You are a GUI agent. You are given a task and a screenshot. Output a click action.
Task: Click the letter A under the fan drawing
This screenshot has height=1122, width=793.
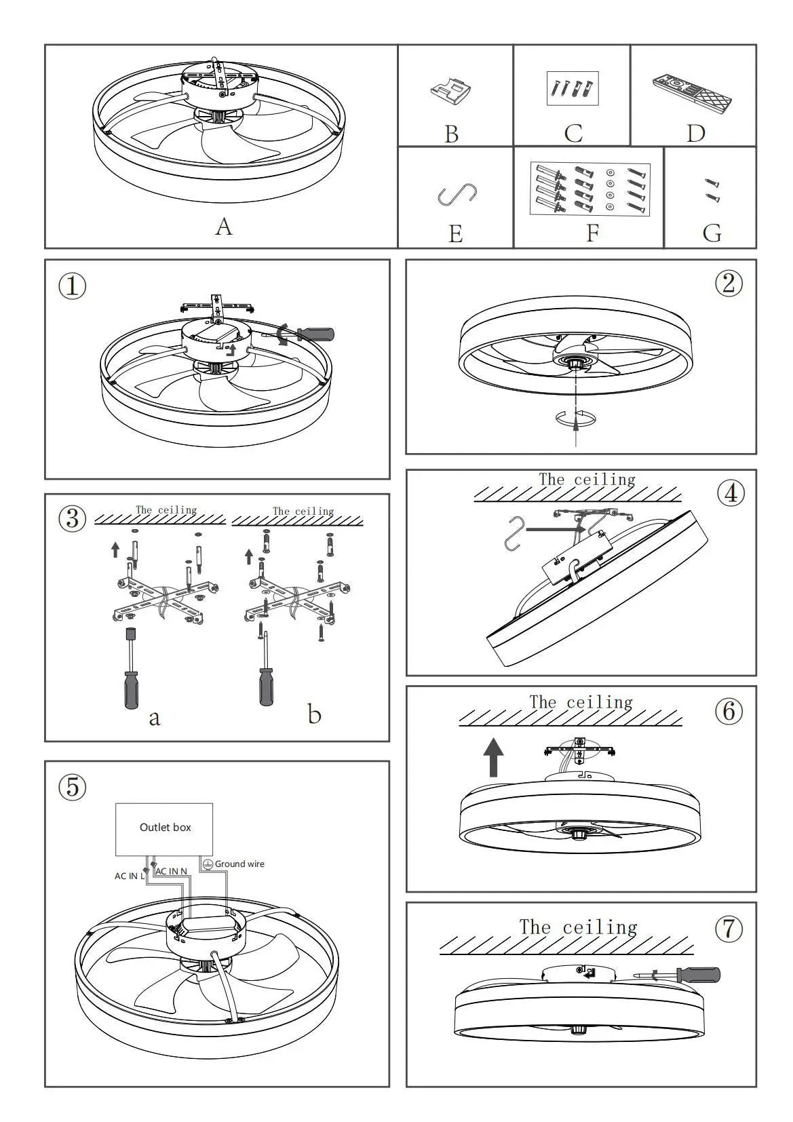click(x=224, y=227)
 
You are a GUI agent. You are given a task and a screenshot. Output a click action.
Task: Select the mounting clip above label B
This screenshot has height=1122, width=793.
click(x=452, y=91)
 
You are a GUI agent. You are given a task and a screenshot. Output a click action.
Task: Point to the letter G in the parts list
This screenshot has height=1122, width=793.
click(x=712, y=233)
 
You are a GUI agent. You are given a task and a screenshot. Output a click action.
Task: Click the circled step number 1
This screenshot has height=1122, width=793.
click(x=73, y=286)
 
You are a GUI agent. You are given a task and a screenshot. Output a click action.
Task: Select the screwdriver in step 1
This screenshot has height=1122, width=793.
click(x=309, y=334)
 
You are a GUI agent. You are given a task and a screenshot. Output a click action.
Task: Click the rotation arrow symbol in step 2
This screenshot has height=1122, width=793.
click(x=575, y=419)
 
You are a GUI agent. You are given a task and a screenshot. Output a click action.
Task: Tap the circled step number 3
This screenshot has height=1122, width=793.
click(x=73, y=519)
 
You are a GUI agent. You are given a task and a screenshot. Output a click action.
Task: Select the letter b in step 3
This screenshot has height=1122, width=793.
click(x=314, y=714)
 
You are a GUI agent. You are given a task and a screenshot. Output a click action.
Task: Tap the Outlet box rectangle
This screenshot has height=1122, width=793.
click(x=164, y=829)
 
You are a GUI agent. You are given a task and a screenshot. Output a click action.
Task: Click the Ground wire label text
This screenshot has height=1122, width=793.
click(x=239, y=864)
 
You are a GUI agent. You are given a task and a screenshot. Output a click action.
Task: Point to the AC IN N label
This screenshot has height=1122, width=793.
click(x=172, y=871)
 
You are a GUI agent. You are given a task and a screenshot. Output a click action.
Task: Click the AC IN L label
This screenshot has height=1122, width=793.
click(x=129, y=876)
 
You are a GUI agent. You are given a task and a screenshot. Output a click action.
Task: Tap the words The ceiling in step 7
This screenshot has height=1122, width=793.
click(x=578, y=927)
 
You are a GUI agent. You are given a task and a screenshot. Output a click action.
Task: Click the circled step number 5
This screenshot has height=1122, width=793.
click(x=73, y=787)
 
